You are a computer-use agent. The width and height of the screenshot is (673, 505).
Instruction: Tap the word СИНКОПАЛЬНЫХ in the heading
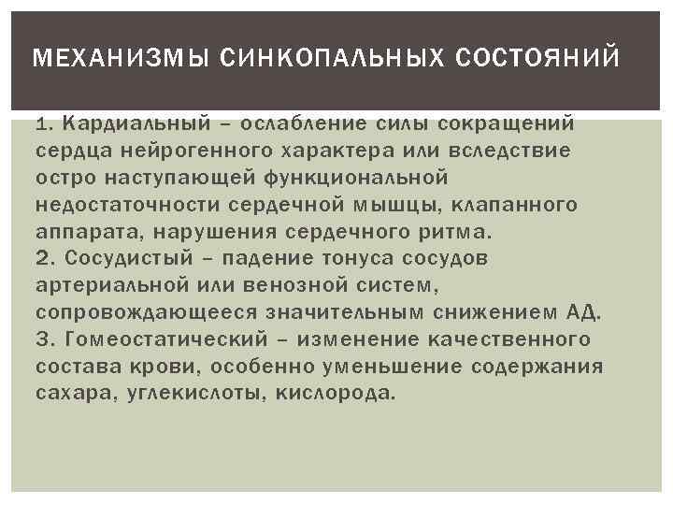294,59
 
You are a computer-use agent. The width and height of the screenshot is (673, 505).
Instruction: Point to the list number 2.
42,257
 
